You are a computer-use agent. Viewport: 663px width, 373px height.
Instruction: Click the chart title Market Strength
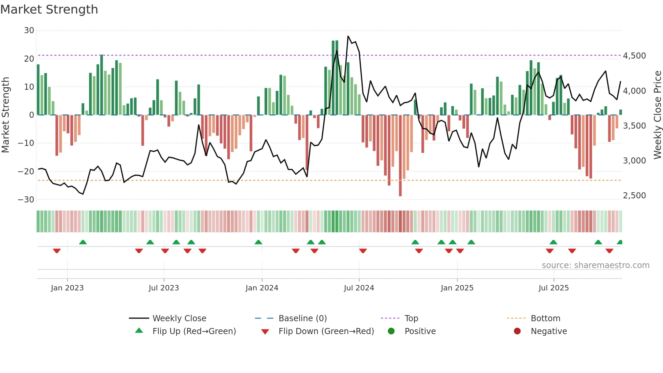(x=49, y=9)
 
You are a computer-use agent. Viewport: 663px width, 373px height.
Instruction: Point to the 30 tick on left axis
(x=29, y=30)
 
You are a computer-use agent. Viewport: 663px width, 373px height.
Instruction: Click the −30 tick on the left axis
(x=26, y=200)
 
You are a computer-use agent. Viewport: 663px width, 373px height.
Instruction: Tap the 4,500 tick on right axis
(x=634, y=56)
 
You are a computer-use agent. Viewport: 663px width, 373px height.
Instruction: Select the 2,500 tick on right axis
(x=634, y=196)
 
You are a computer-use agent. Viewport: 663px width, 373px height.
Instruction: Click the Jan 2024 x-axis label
(x=262, y=288)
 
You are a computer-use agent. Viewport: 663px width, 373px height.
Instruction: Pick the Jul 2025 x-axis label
(x=553, y=288)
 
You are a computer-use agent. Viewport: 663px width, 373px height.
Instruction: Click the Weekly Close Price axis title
(x=657, y=115)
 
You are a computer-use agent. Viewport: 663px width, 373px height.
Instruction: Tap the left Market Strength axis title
(x=5, y=115)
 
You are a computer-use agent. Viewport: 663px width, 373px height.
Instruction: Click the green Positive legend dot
(x=391, y=331)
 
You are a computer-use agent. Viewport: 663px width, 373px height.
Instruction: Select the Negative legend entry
(x=548, y=331)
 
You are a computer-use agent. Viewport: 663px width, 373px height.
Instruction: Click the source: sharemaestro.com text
(x=595, y=265)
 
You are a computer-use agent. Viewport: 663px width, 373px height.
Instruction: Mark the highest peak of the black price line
(x=348, y=36)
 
